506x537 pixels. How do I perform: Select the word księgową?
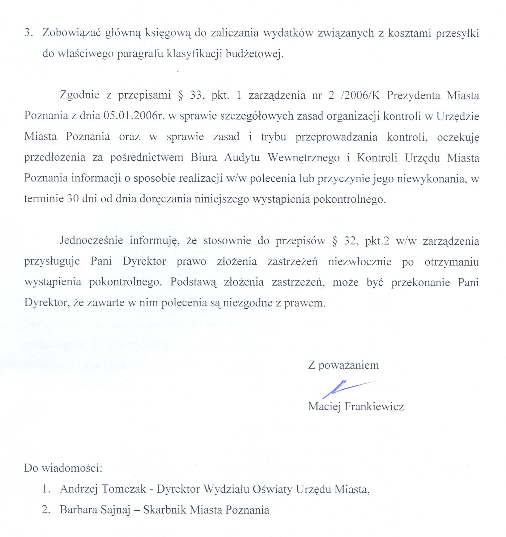pos(167,33)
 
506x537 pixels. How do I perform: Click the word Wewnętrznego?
pos(303,158)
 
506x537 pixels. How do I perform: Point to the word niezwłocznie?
pos(360,262)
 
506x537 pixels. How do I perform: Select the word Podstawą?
pos(193,282)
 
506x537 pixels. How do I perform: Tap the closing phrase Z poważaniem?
pos(343,365)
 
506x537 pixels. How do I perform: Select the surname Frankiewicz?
pos(374,407)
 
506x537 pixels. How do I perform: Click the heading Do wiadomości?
pos(63,468)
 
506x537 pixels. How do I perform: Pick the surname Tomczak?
pos(124,489)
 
